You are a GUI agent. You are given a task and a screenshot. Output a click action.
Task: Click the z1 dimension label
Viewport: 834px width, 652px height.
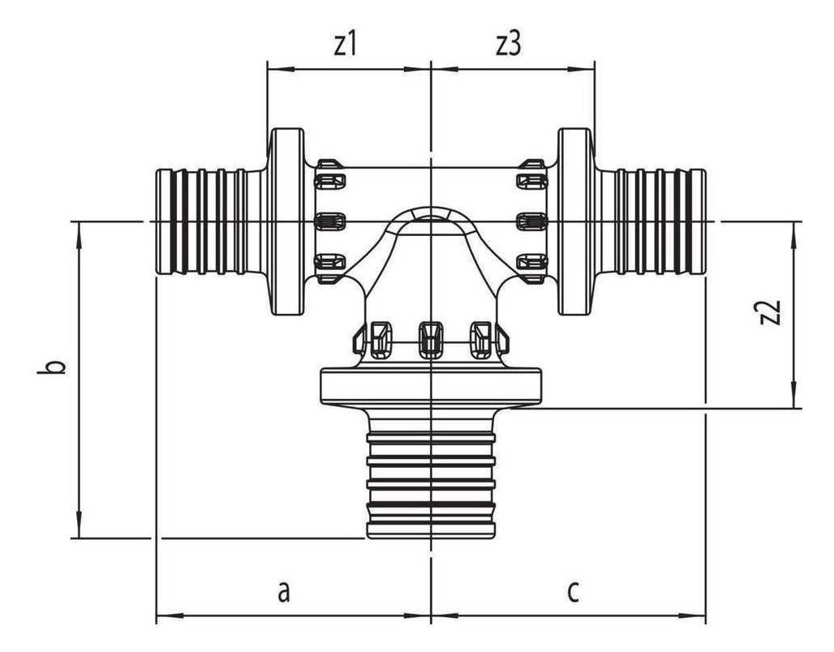click(x=345, y=45)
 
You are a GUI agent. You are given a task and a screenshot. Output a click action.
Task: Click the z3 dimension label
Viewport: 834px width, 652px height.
click(x=509, y=45)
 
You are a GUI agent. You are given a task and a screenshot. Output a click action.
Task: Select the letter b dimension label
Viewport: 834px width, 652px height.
click(x=52, y=367)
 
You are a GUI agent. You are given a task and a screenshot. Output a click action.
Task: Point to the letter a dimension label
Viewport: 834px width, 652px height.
click(x=285, y=591)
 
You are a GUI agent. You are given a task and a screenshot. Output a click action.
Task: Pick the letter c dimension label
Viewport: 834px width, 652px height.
click(x=573, y=591)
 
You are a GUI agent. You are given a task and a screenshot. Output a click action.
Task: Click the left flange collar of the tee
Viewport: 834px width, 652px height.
click(x=286, y=221)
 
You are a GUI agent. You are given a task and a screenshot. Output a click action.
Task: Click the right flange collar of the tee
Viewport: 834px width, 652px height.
click(x=575, y=221)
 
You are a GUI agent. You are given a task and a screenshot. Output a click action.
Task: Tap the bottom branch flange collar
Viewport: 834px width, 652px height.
click(x=431, y=387)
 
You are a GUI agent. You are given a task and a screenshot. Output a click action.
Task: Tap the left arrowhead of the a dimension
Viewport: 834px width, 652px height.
click(x=169, y=616)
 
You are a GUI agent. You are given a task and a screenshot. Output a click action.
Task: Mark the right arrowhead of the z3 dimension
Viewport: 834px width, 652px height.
click(x=582, y=69)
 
